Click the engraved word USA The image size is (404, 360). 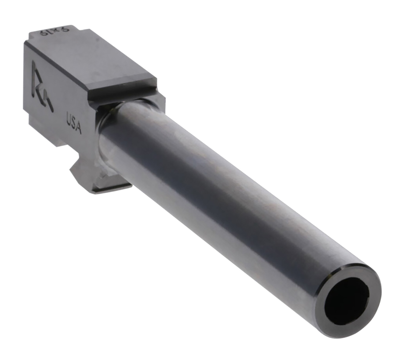74,123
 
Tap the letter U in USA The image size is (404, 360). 69,119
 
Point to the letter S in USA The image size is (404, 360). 73,123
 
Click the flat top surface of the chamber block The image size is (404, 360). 89,59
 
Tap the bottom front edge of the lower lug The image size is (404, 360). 113,190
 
